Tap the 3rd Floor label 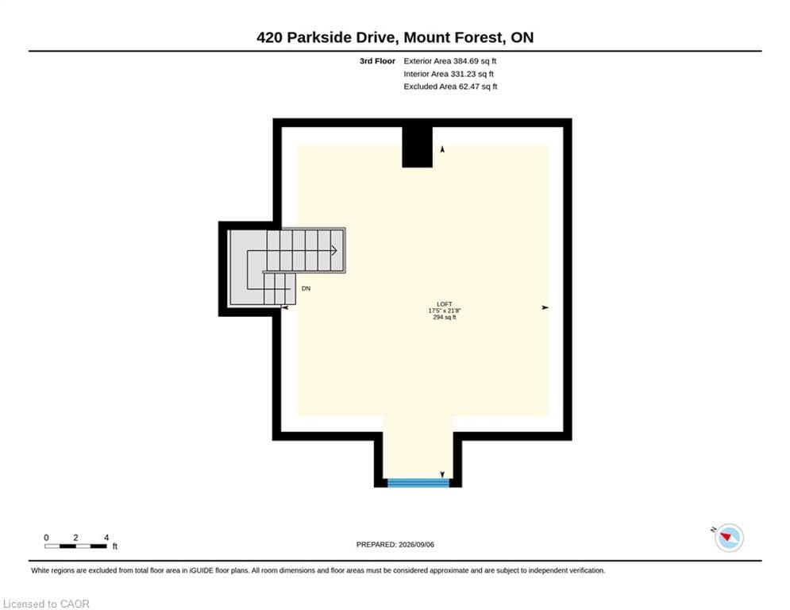pyautogui.click(x=377, y=61)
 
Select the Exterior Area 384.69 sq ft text pyautogui.click(x=450, y=61)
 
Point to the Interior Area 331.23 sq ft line pyautogui.click(x=449, y=74)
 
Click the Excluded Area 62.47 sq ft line pyautogui.click(x=450, y=87)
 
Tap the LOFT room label pyautogui.click(x=445, y=304)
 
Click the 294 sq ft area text pyautogui.click(x=445, y=318)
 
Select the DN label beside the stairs pyautogui.click(x=306, y=288)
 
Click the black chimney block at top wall pyautogui.click(x=417, y=147)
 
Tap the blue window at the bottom pyautogui.click(x=418, y=483)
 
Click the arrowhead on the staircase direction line pyautogui.click(x=333, y=250)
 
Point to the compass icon pyautogui.click(x=729, y=538)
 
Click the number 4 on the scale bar pyautogui.click(x=106, y=538)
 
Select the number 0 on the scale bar pyautogui.click(x=46, y=538)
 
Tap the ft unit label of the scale pyautogui.click(x=115, y=546)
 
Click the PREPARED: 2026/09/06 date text pyautogui.click(x=395, y=544)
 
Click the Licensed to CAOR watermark pyautogui.click(x=46, y=604)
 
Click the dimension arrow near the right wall pyautogui.click(x=545, y=307)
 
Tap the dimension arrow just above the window pyautogui.click(x=442, y=474)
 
